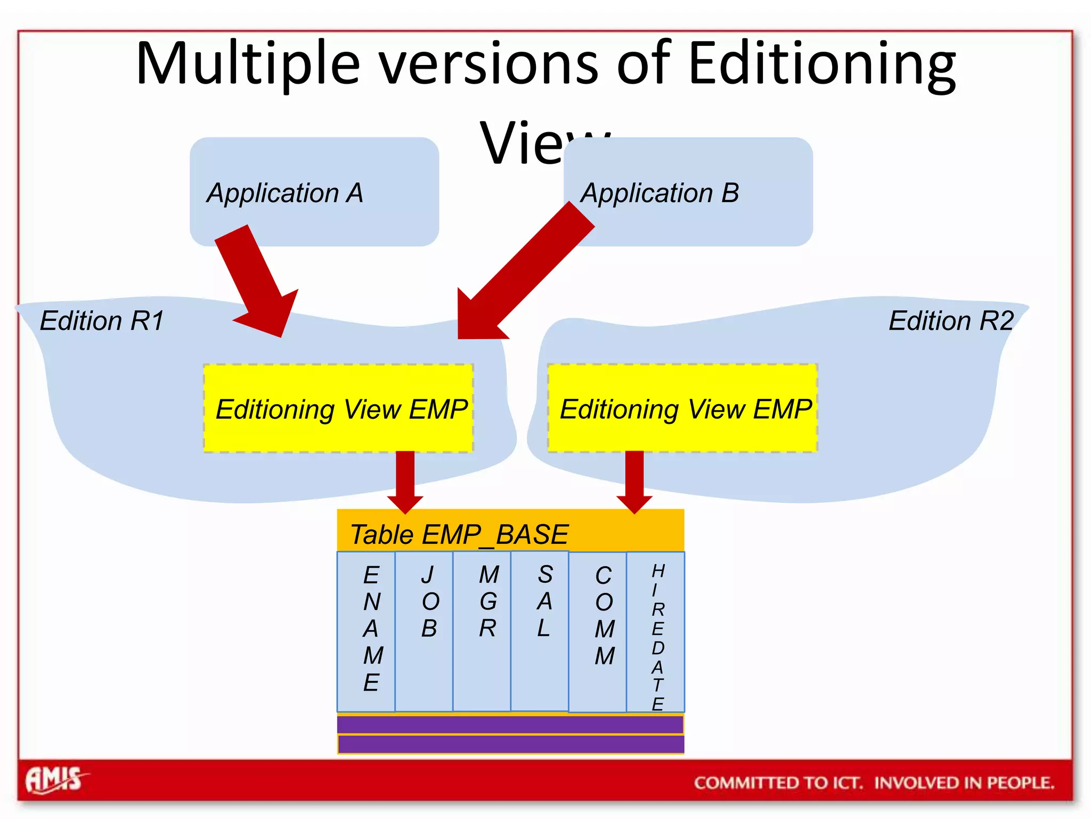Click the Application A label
285,193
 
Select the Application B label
660,193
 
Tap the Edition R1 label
102,321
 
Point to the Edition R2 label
951,321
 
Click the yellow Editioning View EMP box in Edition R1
339,409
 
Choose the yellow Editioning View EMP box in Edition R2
683,409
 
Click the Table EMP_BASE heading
459,534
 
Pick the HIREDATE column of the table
656,632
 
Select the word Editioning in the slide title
821,64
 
